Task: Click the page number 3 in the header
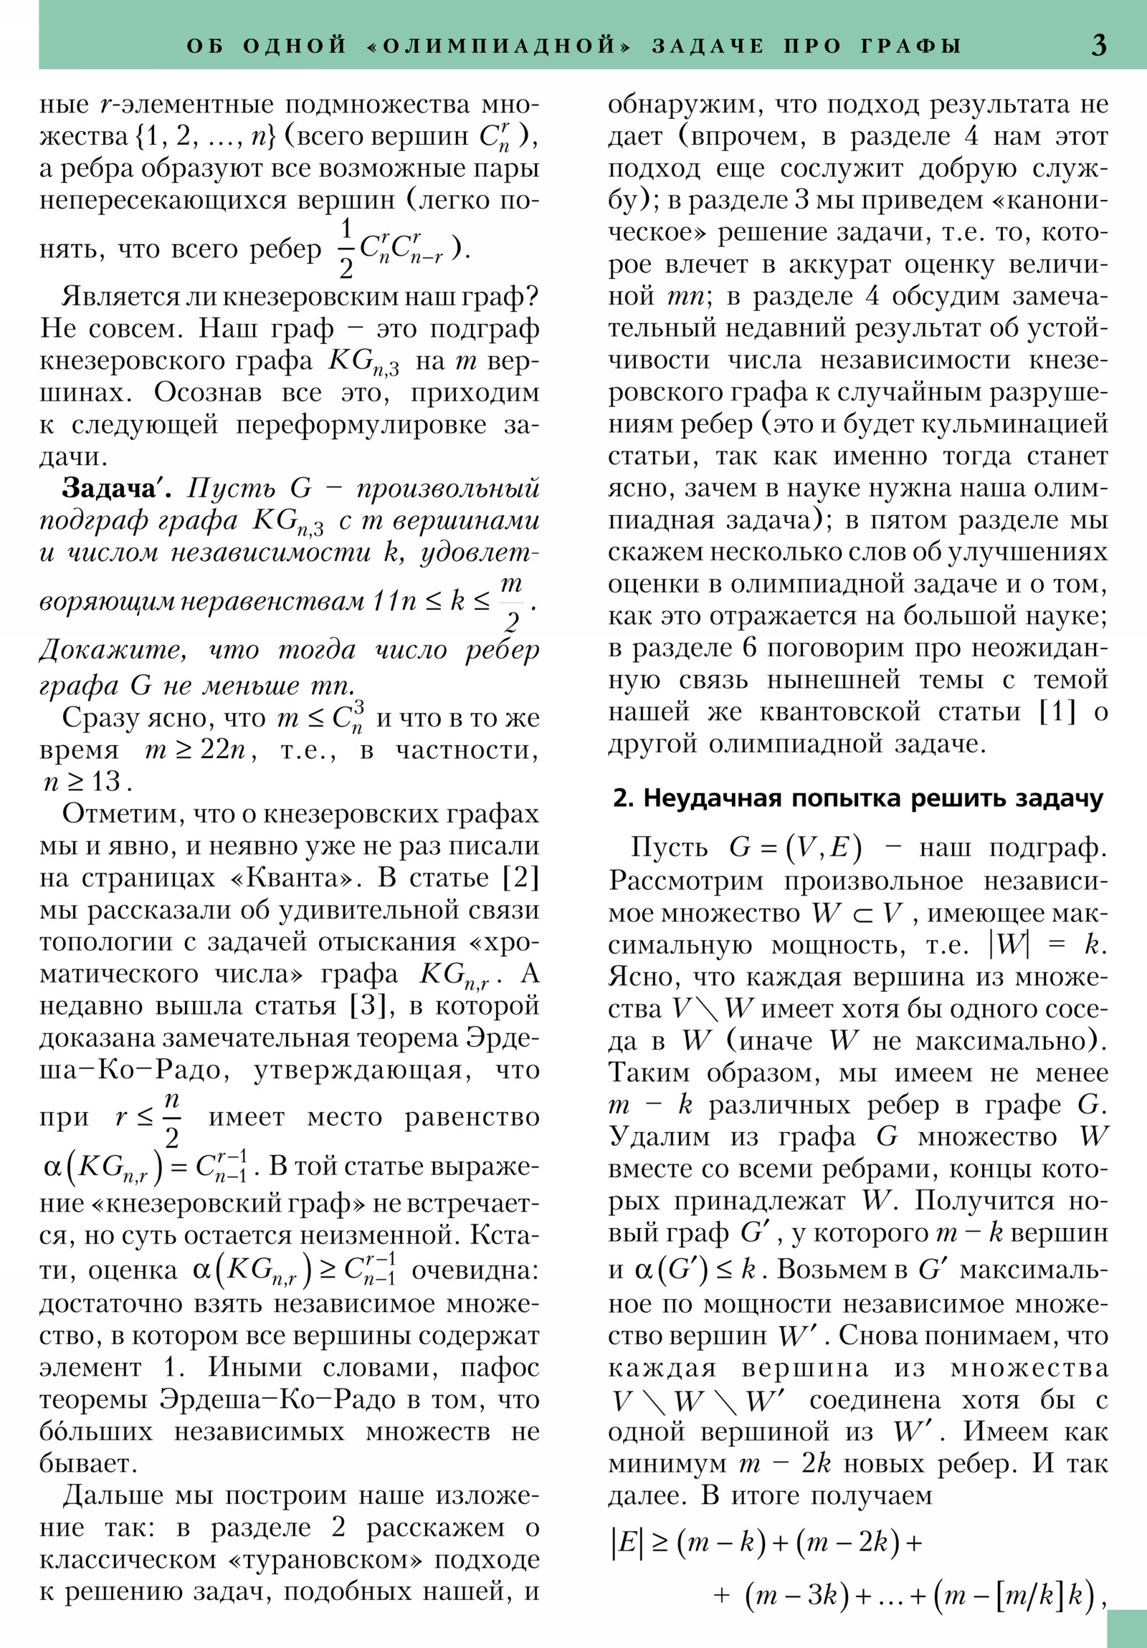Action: [x=1098, y=45]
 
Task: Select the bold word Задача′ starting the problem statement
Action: [x=117, y=488]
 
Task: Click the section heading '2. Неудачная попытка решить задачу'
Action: [x=857, y=799]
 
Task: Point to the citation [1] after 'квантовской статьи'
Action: [x=1058, y=712]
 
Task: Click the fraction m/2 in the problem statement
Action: [x=510, y=603]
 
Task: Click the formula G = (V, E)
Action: [x=795, y=848]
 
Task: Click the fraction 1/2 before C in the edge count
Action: [x=346, y=249]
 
